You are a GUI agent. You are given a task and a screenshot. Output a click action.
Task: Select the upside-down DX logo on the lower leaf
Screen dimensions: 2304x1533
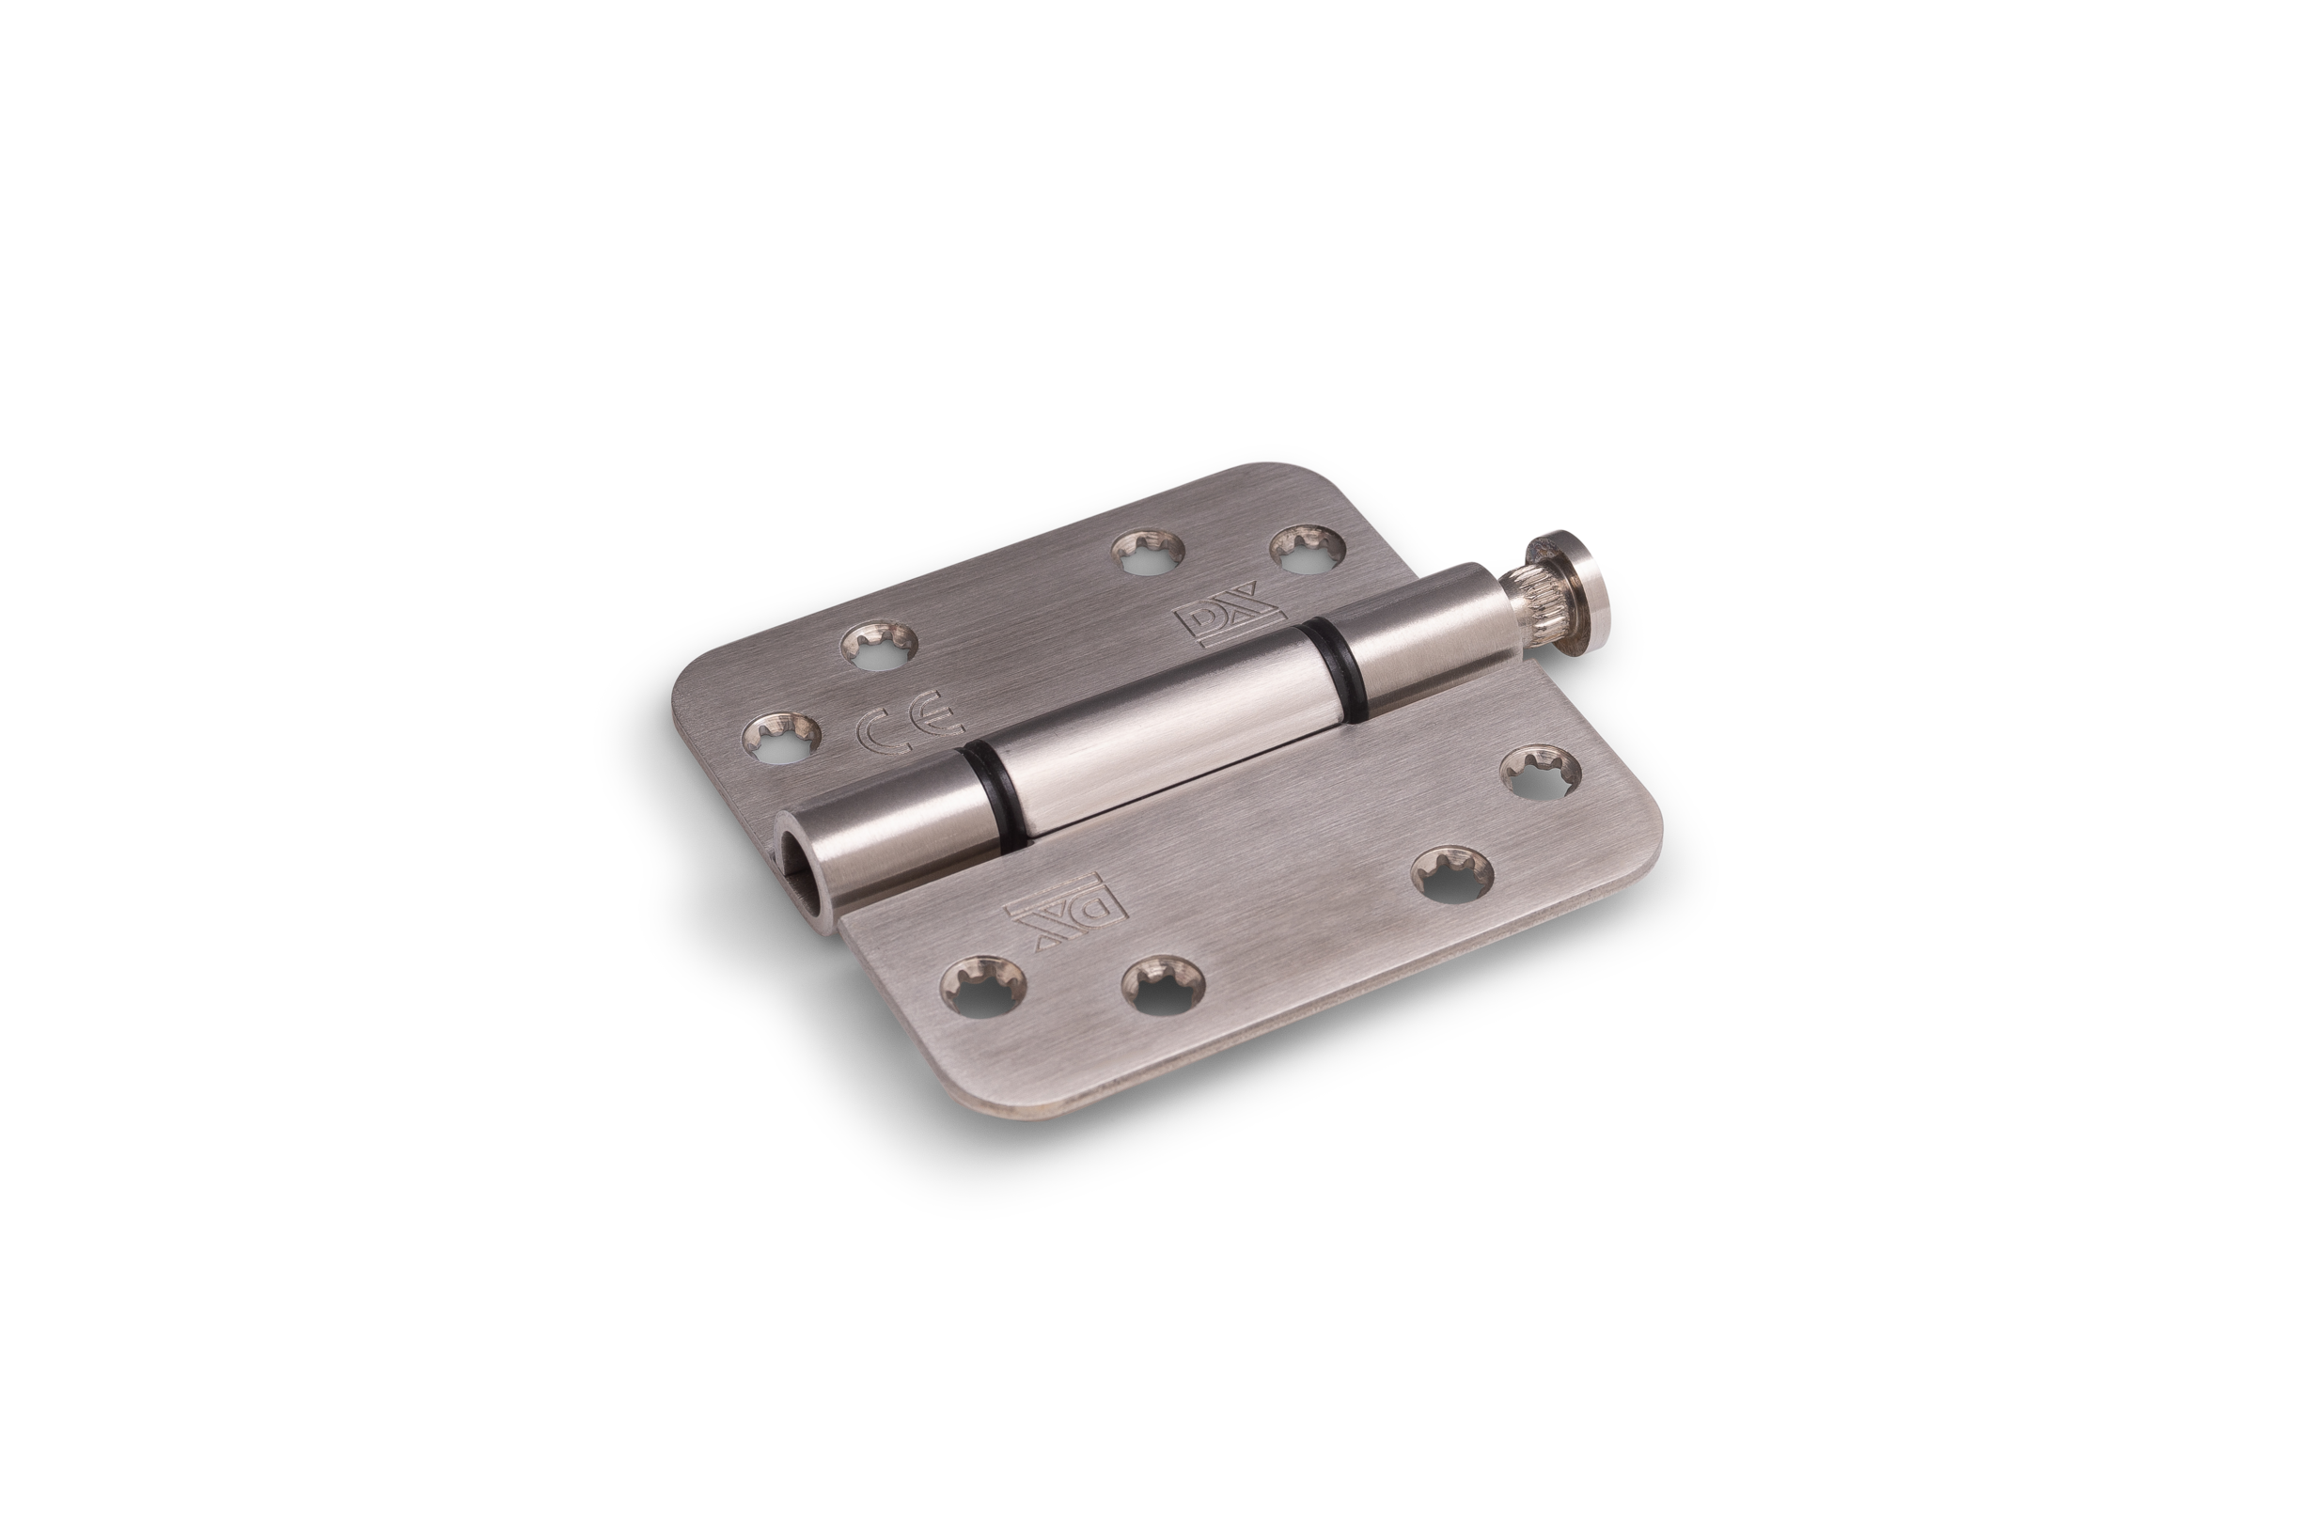pos(1065,900)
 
